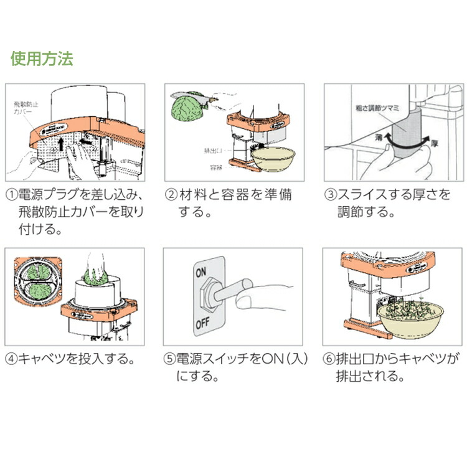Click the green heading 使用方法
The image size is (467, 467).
pos(42,59)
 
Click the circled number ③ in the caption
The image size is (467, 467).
pos(331,195)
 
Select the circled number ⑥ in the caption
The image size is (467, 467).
pos(331,359)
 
